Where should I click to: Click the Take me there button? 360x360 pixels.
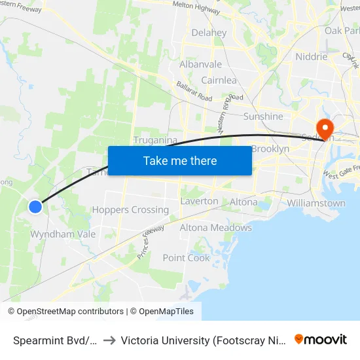pos(179,160)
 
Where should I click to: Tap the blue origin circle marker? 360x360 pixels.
pos(35,207)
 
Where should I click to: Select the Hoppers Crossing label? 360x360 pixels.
pos(130,210)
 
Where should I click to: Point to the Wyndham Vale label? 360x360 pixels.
pos(63,234)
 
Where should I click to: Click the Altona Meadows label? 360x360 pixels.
pos(215,228)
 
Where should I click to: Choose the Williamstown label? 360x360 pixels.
pos(316,203)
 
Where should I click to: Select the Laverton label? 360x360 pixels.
pos(199,201)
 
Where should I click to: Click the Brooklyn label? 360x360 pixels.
pos(270,149)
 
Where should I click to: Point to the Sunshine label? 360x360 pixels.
pos(263,117)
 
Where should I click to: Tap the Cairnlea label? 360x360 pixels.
pos(219,80)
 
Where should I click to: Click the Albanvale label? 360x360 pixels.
pos(200,64)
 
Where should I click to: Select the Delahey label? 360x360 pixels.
pos(209,33)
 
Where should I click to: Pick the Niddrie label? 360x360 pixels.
pos(311,56)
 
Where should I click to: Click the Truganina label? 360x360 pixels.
pos(156,140)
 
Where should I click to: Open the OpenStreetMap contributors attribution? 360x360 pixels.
pos(70,312)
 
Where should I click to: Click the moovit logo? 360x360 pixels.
pos(320,339)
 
